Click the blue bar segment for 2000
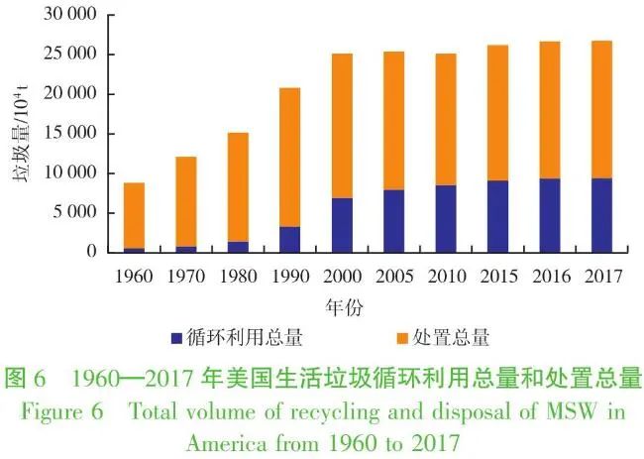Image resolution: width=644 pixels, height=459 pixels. click(x=342, y=225)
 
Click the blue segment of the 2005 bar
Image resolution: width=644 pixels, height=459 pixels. click(x=393, y=221)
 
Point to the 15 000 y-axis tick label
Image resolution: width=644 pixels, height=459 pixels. click(x=67, y=134)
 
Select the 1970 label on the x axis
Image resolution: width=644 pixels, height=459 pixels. click(x=185, y=276)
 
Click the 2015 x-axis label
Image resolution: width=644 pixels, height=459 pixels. click(x=497, y=276)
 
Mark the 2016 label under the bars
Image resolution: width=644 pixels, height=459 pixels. click(x=550, y=276)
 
